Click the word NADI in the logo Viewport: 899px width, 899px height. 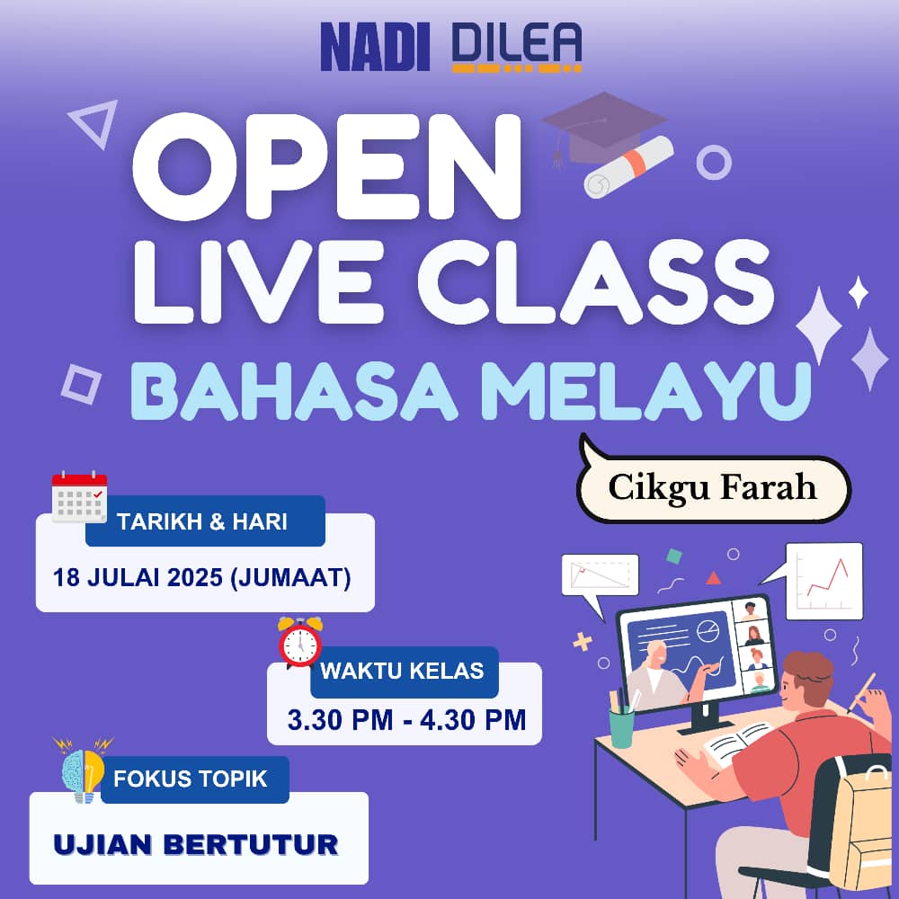point(375,47)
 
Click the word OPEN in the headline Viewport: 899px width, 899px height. point(327,166)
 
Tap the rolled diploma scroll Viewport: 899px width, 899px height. point(628,167)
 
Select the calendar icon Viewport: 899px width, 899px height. point(79,496)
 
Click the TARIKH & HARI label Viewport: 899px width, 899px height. point(201,521)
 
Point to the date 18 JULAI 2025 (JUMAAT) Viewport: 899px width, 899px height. point(201,577)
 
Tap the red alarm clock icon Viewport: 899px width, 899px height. point(300,642)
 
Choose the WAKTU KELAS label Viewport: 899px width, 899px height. point(403,671)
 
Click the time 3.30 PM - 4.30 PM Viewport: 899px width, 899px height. point(406,720)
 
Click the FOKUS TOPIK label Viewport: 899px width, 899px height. point(191,779)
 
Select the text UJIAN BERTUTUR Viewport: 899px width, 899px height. point(196,844)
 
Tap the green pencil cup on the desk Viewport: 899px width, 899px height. point(622,727)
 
